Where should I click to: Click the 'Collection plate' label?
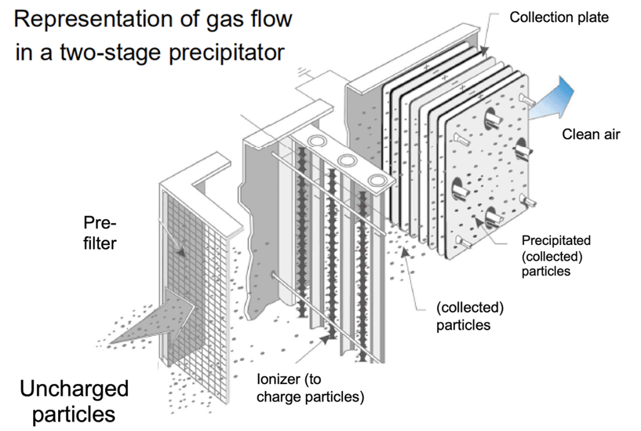[x=558, y=18]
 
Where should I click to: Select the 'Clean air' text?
[x=591, y=134]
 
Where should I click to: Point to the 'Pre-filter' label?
[x=100, y=233]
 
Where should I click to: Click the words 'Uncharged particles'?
[x=74, y=401]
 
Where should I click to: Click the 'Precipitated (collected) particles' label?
[x=556, y=256]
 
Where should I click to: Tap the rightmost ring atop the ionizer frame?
[x=376, y=180]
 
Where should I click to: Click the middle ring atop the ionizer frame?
[x=345, y=160]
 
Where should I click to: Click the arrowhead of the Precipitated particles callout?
[x=480, y=221]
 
